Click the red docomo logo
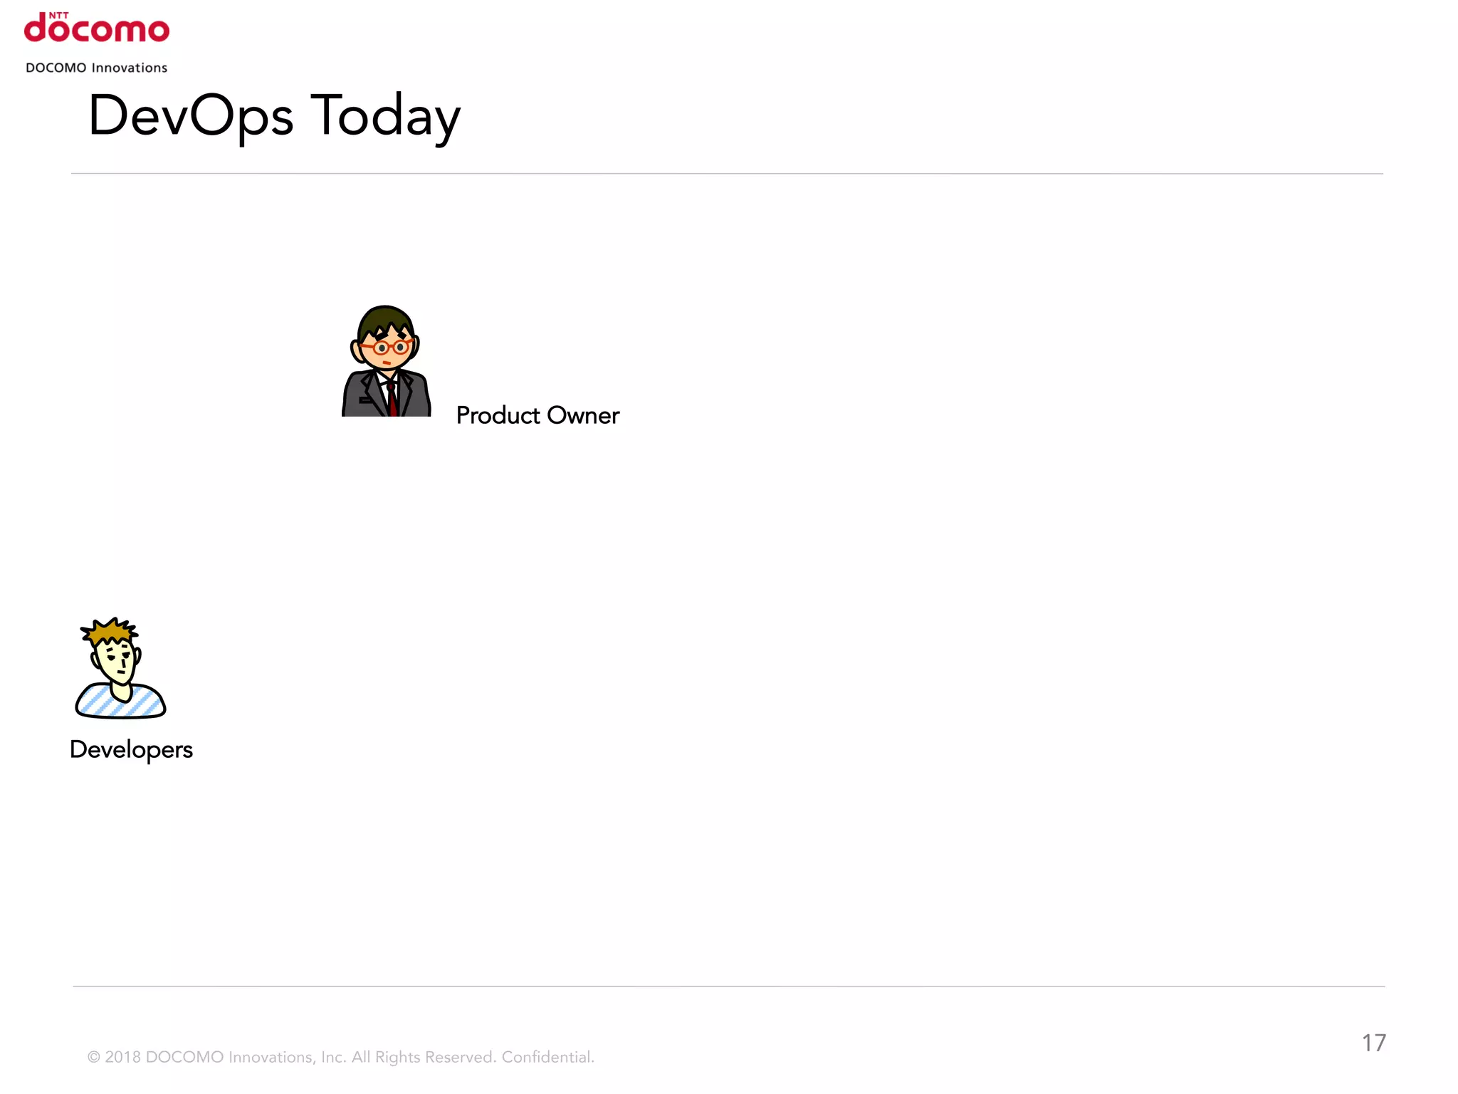pyautogui.click(x=97, y=30)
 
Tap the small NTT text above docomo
pyautogui.click(x=58, y=15)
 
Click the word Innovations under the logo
pyautogui.click(x=130, y=68)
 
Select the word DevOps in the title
pyautogui.click(x=191, y=116)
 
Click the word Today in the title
pyautogui.click(x=386, y=116)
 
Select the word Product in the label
pyautogui.click(x=498, y=415)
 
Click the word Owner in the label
pyautogui.click(x=583, y=415)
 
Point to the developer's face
pyautogui.click(x=117, y=662)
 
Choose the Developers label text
pyautogui.click(x=132, y=749)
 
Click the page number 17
pyautogui.click(x=1374, y=1043)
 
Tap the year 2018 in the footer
pyautogui.click(x=122, y=1057)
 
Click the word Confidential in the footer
pyautogui.click(x=547, y=1057)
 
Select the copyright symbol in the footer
pyautogui.click(x=94, y=1057)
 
